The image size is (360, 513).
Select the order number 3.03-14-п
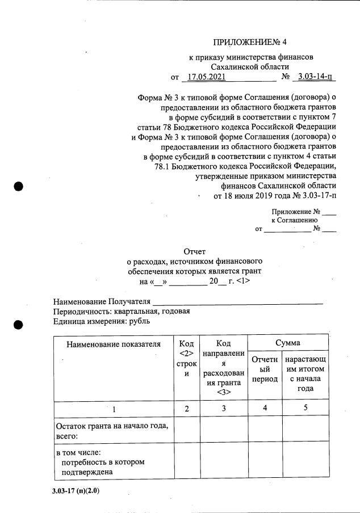[x=315, y=77]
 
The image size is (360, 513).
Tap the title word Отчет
[x=195, y=251]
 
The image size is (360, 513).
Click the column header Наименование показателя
[x=114, y=343]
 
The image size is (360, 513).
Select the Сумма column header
[x=288, y=343]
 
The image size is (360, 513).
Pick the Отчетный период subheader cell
[x=264, y=369]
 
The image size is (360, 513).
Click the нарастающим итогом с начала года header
[x=305, y=374]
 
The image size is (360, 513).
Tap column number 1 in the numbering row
[x=113, y=409]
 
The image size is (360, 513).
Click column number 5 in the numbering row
[x=305, y=409]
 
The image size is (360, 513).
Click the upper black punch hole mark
[x=18, y=187]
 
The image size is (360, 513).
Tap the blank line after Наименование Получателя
[x=238, y=302]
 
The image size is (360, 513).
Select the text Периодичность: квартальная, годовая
[x=121, y=312]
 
